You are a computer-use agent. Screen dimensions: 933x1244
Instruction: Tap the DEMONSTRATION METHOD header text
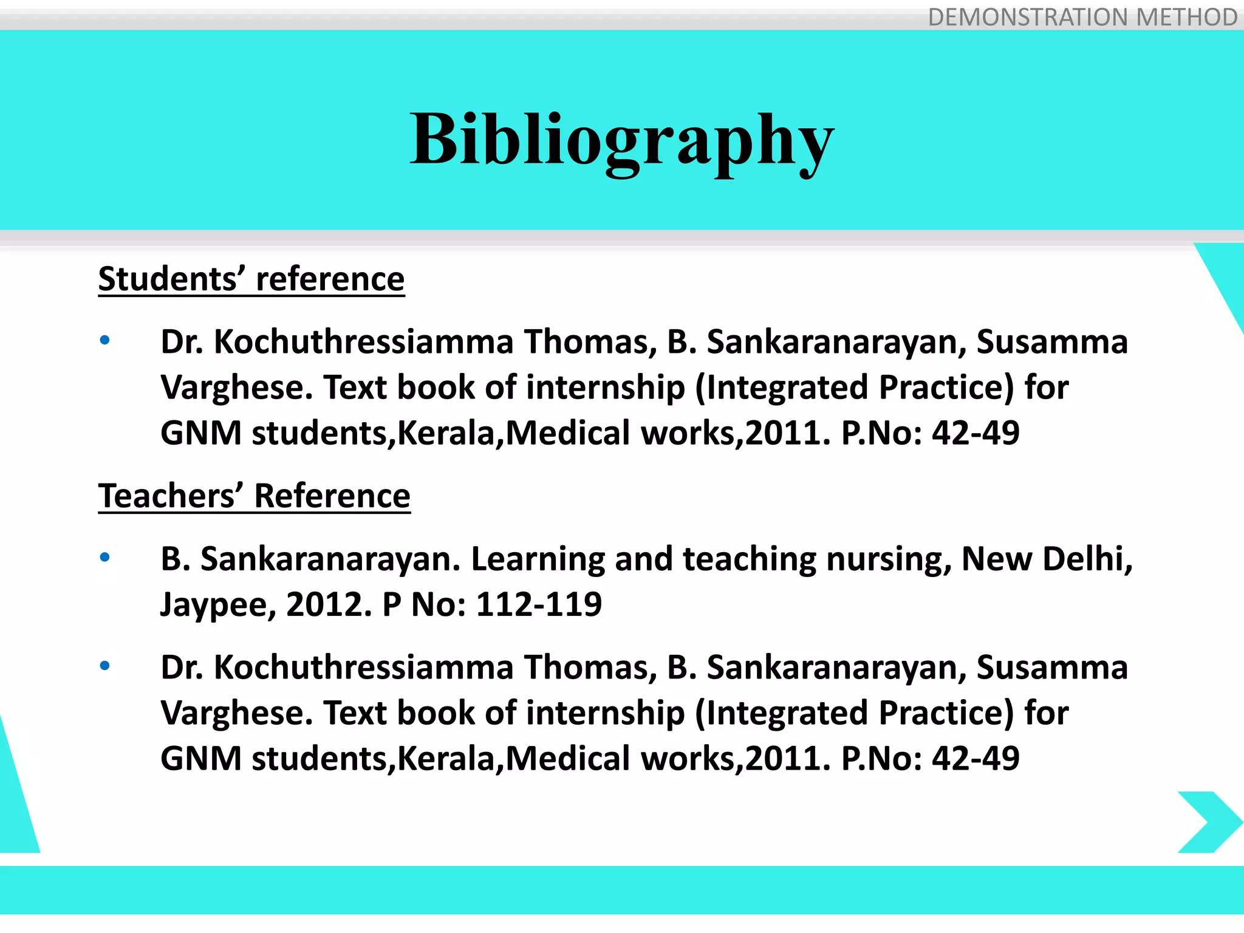click(x=1082, y=17)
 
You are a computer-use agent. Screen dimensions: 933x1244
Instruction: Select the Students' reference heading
click(x=251, y=279)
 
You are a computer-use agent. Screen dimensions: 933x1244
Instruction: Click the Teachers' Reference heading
click(x=254, y=496)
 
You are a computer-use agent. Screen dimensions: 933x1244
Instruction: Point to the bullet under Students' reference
click(x=105, y=340)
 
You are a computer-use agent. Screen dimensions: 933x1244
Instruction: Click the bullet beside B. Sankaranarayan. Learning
click(x=105, y=557)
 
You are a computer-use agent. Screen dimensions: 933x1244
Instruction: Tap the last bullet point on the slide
click(x=105, y=666)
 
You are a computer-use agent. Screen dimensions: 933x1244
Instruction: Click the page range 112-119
click(x=539, y=604)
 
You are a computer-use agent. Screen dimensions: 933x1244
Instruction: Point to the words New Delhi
click(x=1046, y=559)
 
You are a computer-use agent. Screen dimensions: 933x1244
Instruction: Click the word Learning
click(x=538, y=560)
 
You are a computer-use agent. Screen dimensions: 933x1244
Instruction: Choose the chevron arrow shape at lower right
click(x=1209, y=822)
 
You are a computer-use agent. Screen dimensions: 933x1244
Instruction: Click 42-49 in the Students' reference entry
click(x=976, y=433)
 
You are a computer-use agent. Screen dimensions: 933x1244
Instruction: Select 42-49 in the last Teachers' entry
click(x=976, y=759)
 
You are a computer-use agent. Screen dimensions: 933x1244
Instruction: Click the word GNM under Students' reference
click(x=201, y=433)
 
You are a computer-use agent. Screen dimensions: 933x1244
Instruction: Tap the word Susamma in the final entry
click(x=1052, y=668)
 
